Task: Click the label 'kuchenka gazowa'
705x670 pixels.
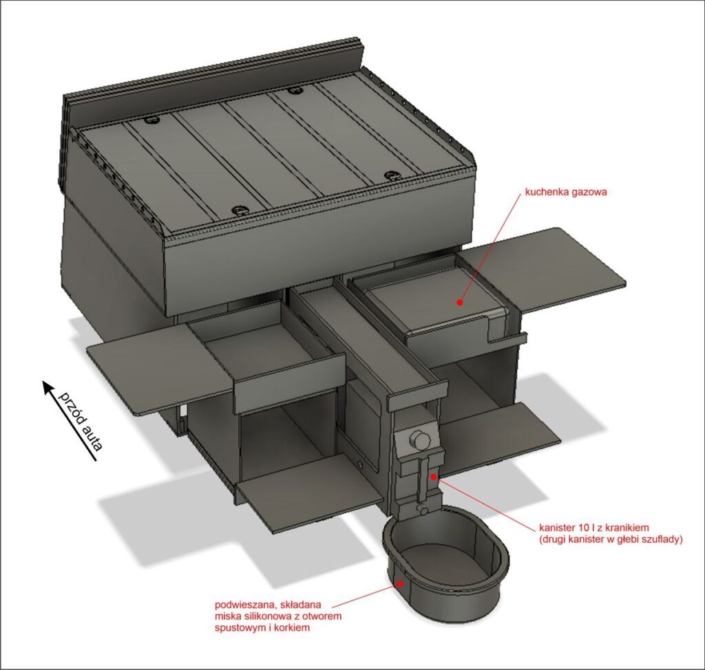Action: pos(566,193)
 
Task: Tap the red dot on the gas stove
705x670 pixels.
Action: pos(459,303)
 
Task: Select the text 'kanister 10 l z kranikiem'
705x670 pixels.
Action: pos(594,528)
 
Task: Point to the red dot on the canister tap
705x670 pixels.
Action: pos(432,477)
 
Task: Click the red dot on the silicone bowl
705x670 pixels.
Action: pos(399,583)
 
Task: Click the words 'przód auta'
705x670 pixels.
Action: pos(81,420)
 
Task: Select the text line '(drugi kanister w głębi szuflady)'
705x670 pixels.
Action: pos(611,539)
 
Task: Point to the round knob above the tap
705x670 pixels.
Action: pos(421,441)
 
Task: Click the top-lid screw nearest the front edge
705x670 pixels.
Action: pos(238,210)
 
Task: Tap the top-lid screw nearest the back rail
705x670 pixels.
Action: pos(295,91)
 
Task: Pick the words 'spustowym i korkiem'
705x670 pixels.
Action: pos(262,627)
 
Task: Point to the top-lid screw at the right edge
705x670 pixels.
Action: pos(392,175)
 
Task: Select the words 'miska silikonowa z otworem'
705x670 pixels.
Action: pos(278,616)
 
